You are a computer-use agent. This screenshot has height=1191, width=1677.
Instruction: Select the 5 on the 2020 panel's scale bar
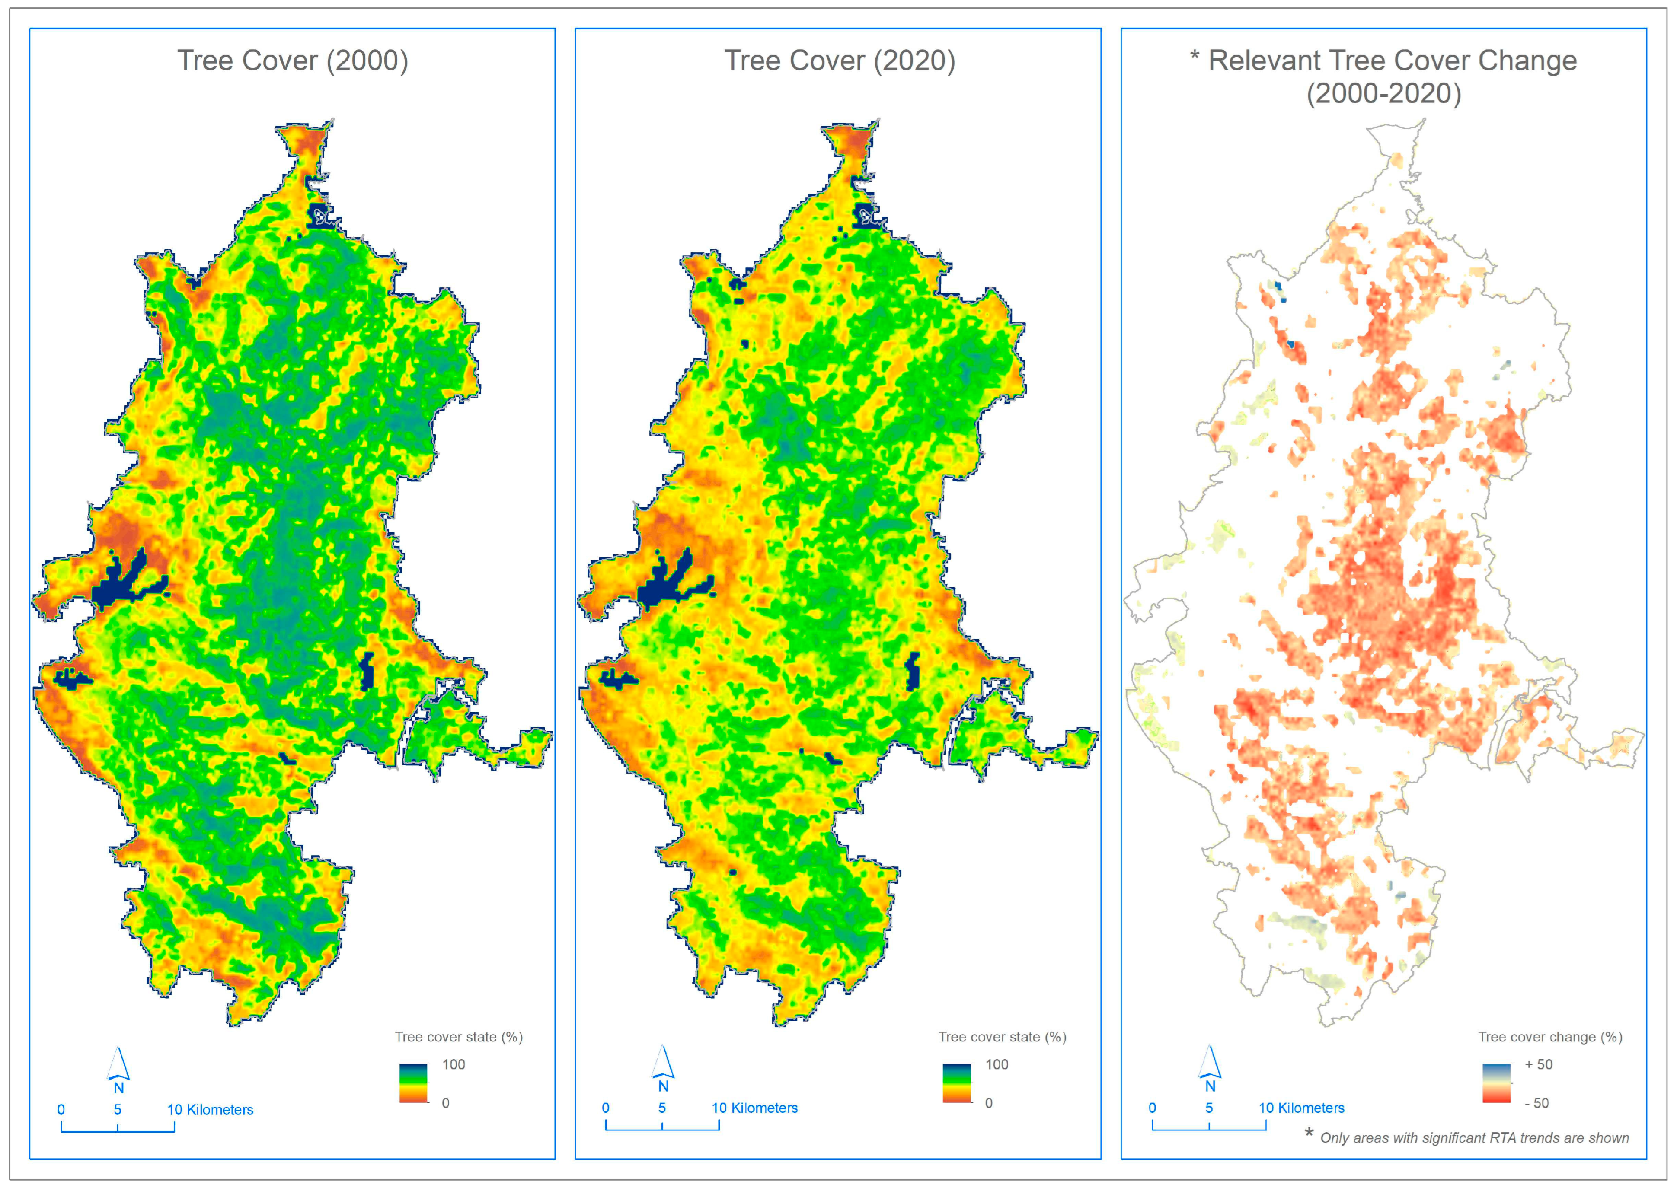pyautogui.click(x=662, y=1108)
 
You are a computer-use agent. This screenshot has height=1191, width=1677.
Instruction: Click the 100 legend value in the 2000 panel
pyautogui.click(x=454, y=1064)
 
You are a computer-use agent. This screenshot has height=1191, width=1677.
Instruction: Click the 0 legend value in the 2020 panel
pyautogui.click(x=988, y=1103)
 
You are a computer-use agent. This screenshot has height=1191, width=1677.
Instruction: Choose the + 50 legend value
pyautogui.click(x=1538, y=1064)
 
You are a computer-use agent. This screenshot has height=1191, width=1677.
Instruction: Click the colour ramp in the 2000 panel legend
pyautogui.click(x=413, y=1083)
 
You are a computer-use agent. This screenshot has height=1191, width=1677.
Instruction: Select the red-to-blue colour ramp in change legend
pyautogui.click(x=1497, y=1083)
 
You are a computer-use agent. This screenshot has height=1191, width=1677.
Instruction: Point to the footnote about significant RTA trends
pyautogui.click(x=1473, y=1137)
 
